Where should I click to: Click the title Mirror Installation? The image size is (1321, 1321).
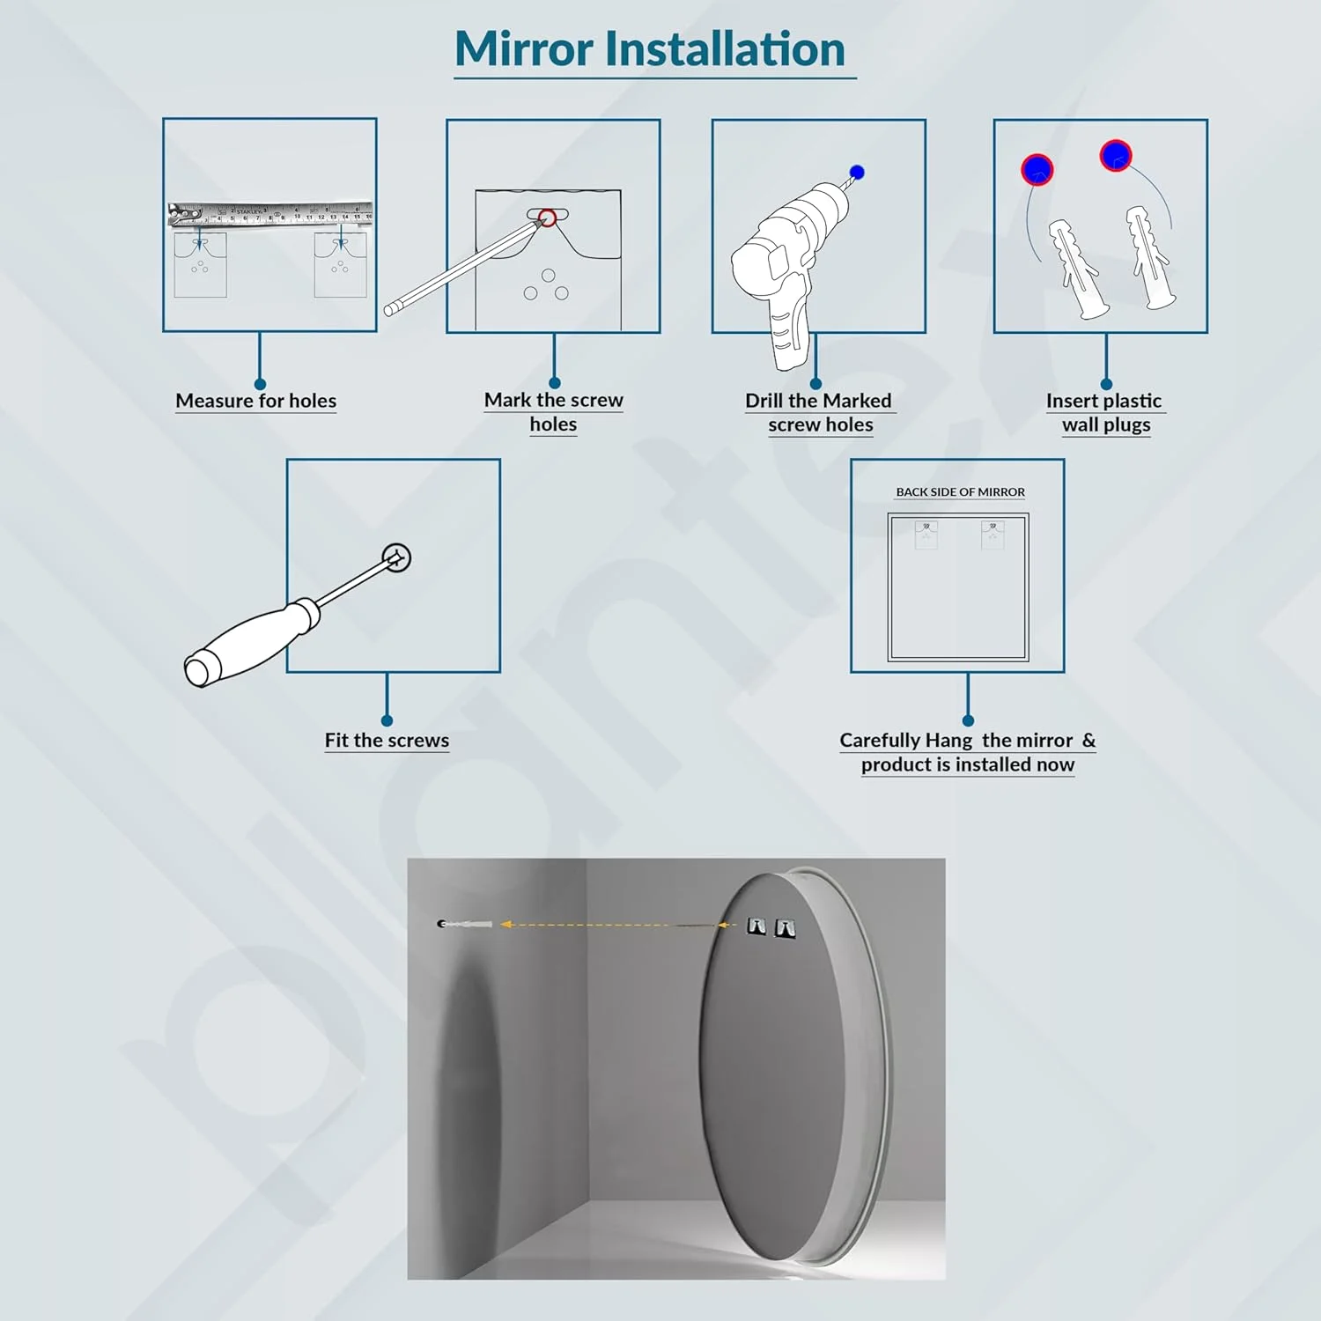pos(651,49)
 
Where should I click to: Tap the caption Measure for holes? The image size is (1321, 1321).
pos(256,401)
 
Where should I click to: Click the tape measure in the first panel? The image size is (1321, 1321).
pos(270,213)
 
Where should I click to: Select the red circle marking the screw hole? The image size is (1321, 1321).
pos(547,217)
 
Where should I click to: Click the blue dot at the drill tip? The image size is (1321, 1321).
pos(857,173)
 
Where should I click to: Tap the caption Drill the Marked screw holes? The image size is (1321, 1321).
pos(820,412)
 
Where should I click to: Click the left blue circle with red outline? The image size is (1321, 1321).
pos(1037,169)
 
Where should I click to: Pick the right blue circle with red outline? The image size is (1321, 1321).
pos(1116,156)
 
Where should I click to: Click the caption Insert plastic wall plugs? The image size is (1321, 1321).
pos(1105,412)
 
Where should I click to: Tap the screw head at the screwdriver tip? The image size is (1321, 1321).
pos(397,557)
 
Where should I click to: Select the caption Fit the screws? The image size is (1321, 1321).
pos(387,741)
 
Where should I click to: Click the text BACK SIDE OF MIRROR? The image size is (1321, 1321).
pos(961,492)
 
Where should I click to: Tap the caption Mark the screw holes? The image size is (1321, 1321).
pos(554,412)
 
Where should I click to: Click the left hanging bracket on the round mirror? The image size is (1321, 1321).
pos(756,926)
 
